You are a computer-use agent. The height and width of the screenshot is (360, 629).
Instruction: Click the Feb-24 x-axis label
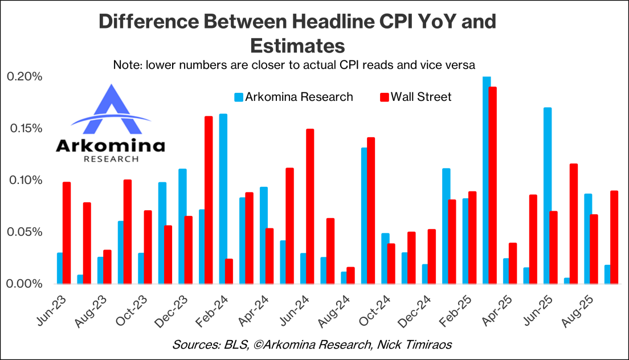click(211, 308)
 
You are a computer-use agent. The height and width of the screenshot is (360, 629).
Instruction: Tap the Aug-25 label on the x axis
click(576, 308)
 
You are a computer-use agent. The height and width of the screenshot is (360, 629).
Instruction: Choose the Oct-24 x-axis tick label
click(374, 308)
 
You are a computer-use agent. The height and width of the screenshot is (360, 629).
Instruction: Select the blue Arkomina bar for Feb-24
click(223, 199)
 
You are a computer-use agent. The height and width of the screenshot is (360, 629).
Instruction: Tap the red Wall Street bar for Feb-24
click(229, 271)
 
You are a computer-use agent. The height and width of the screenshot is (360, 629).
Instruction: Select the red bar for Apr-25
click(513, 263)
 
